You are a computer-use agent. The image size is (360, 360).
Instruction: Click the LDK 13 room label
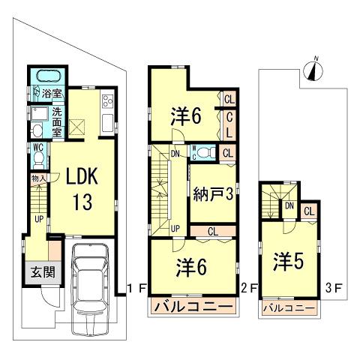pos(78,190)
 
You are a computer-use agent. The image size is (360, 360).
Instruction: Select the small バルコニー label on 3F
pos(288,307)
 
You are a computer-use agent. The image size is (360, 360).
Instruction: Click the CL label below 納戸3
pos(212,229)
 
